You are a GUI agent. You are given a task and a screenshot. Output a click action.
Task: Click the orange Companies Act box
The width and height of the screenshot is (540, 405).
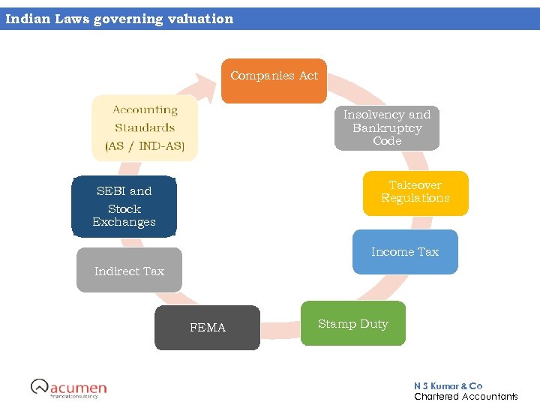(274, 81)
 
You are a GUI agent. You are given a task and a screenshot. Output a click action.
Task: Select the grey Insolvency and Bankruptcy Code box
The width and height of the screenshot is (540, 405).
(386, 127)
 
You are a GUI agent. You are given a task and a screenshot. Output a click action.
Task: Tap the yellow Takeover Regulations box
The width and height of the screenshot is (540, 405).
(415, 193)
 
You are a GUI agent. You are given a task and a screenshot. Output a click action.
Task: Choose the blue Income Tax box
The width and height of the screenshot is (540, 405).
(405, 252)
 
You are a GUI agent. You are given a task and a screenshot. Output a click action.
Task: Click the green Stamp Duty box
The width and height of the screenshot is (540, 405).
(352, 324)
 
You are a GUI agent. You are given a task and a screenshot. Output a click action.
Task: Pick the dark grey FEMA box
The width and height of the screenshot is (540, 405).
(207, 328)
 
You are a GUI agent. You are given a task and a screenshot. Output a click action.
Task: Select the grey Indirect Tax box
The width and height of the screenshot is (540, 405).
(129, 271)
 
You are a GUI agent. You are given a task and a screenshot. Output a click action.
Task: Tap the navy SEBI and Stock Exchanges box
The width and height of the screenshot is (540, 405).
(124, 206)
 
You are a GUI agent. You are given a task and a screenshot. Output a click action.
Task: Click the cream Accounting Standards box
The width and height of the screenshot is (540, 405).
(145, 127)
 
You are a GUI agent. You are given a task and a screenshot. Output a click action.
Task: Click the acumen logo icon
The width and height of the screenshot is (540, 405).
(39, 386)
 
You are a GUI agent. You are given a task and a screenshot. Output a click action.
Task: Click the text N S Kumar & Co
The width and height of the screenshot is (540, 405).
(448, 385)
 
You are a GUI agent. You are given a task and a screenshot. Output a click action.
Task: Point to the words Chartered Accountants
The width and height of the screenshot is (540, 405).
(466, 397)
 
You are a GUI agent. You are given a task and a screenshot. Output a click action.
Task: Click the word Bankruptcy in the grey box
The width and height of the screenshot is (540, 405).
(387, 128)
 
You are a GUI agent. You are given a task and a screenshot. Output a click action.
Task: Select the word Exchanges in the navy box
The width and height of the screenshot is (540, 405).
(124, 222)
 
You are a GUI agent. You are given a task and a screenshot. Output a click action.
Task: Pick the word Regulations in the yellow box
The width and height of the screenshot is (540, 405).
(415, 199)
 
